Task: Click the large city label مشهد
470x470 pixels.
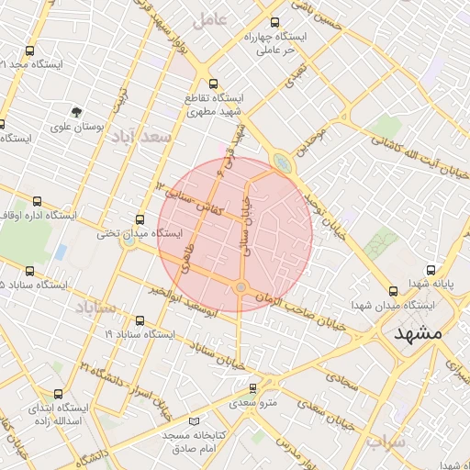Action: click(x=418, y=333)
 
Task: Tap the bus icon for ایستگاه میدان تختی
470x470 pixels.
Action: click(x=140, y=219)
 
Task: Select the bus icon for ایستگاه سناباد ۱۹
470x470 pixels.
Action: click(x=140, y=320)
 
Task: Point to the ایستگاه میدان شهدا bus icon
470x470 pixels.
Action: click(x=394, y=290)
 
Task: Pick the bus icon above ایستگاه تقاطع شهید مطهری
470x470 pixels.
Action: click(x=214, y=83)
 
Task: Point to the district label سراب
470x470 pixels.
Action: click(x=386, y=442)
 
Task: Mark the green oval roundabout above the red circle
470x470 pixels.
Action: click(x=280, y=163)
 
